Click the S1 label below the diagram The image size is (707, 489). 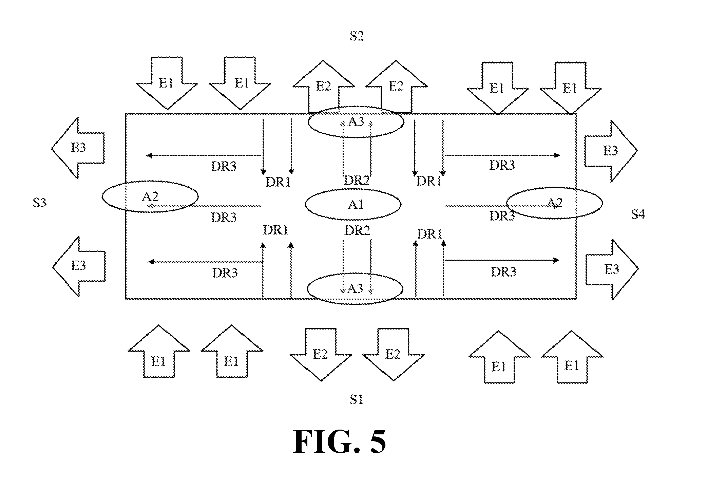(357, 400)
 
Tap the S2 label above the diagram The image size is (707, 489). (357, 36)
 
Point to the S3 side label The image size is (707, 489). (40, 203)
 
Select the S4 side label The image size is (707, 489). (638, 214)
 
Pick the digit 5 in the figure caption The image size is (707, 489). (377, 441)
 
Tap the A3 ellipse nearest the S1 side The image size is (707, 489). (355, 274)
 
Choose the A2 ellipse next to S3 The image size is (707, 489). (150, 182)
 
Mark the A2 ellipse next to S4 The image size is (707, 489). (554, 188)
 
